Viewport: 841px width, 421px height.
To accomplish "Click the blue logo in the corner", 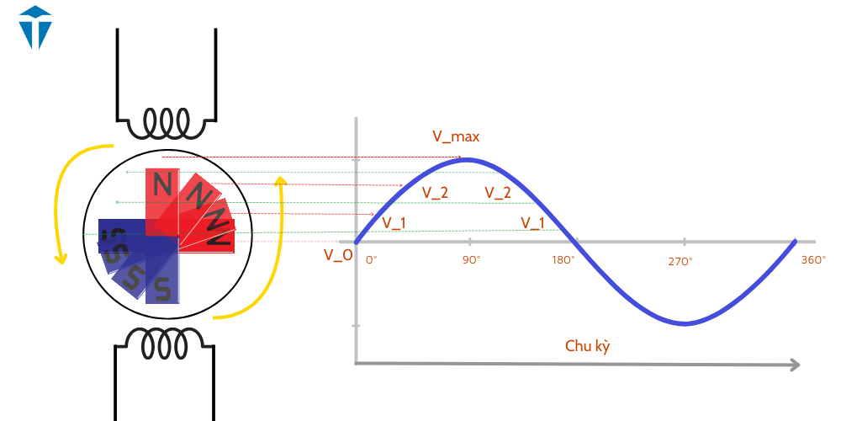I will pyautogui.click(x=35, y=26).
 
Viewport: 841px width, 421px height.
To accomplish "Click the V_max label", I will pyautogui.click(x=456, y=136).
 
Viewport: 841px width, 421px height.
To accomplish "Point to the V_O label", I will pyautogui.click(x=338, y=255).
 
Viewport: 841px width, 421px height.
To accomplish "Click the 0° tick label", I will pyautogui.click(x=372, y=260).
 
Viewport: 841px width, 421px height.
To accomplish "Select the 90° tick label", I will pyautogui.click(x=471, y=260).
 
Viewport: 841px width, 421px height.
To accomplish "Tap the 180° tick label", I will pyautogui.click(x=563, y=260).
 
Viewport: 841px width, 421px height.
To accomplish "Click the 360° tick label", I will pyautogui.click(x=813, y=260).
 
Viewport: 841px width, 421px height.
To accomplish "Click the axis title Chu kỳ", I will pyautogui.click(x=587, y=346).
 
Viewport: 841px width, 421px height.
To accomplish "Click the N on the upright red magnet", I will pyautogui.click(x=163, y=183).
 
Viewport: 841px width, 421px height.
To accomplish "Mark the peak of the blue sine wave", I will pyautogui.click(x=468, y=159).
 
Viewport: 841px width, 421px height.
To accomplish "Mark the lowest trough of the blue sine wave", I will pyautogui.click(x=685, y=323).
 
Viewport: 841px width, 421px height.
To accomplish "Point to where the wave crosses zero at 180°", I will pyautogui.click(x=577, y=242).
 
